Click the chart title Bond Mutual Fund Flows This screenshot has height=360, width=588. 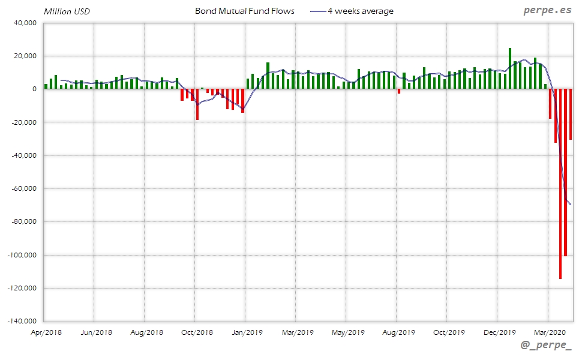(x=245, y=11)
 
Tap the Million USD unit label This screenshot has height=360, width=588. (x=67, y=11)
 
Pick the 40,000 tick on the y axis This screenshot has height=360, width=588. (x=25, y=23)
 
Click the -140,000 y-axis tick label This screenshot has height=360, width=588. (x=22, y=321)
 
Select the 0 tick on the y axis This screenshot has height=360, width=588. (x=34, y=89)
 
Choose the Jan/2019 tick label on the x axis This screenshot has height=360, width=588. (x=247, y=332)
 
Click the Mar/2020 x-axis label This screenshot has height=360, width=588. (x=549, y=332)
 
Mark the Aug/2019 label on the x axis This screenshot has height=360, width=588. (x=398, y=332)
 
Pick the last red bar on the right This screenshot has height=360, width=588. (x=571, y=114)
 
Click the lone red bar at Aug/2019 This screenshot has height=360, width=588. (x=399, y=91)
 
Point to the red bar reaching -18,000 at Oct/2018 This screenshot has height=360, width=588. (x=197, y=104)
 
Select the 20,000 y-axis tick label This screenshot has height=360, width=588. (x=25, y=56)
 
